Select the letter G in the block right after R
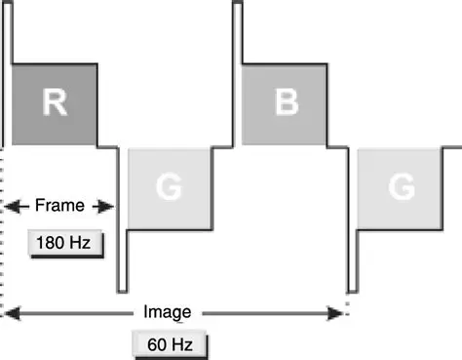coord(169,189)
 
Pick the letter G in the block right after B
coord(399,189)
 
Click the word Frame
coord(59,206)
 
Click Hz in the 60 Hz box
coord(181,343)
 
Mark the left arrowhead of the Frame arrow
coord(10,206)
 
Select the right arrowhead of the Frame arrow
coord(109,206)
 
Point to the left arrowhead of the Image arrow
coord(10,312)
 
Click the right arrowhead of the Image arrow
coord(342,312)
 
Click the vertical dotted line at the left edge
coord(3,234)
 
